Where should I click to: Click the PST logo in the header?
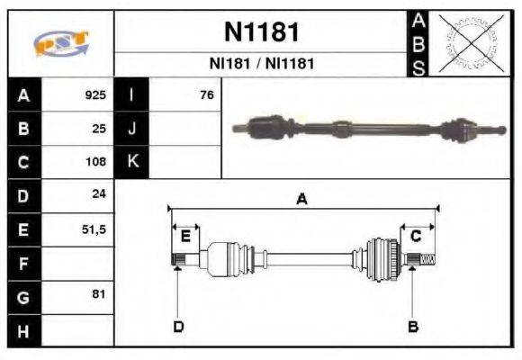[x=60, y=44]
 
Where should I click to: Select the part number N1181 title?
[x=261, y=32]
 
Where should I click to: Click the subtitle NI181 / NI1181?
[x=261, y=64]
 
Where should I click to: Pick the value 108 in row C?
[x=95, y=162]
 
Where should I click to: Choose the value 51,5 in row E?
[x=94, y=229]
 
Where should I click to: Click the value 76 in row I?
[x=207, y=94]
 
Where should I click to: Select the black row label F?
[x=22, y=264]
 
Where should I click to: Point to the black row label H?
[x=22, y=330]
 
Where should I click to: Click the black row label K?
[x=132, y=162]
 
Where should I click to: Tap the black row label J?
[x=132, y=128]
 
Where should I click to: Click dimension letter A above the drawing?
[x=302, y=200]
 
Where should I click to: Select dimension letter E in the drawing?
[x=185, y=236]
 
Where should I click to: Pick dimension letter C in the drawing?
[x=416, y=236]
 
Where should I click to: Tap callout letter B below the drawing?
[x=413, y=327]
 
